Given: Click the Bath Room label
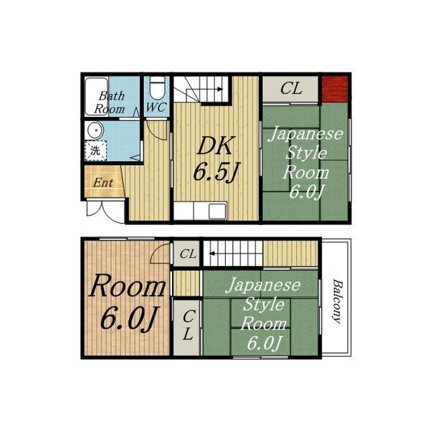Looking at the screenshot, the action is [x=110, y=102].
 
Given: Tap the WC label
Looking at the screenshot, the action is [x=156, y=107].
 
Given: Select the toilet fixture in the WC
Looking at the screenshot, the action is [x=158, y=88].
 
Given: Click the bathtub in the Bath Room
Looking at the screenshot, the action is [x=96, y=97].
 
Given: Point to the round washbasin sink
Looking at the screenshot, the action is [x=94, y=131].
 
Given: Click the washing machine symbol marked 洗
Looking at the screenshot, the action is [x=95, y=150].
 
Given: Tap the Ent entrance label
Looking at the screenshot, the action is [x=103, y=183].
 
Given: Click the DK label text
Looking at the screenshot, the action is [x=215, y=146].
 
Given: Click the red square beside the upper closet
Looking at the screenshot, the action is [x=335, y=89].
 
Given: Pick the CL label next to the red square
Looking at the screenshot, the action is [x=291, y=88].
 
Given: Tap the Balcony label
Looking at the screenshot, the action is [x=337, y=301].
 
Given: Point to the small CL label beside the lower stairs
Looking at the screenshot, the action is [x=188, y=254].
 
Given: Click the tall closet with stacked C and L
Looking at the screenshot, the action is [x=187, y=328].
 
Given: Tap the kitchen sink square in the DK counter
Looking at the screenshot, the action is [x=217, y=211].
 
